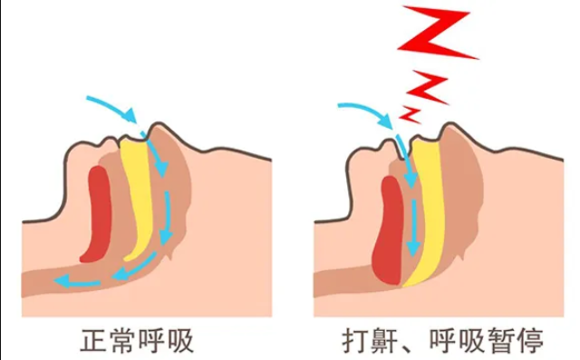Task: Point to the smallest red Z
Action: [x=410, y=113]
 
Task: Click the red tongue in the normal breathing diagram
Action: [x=98, y=212]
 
